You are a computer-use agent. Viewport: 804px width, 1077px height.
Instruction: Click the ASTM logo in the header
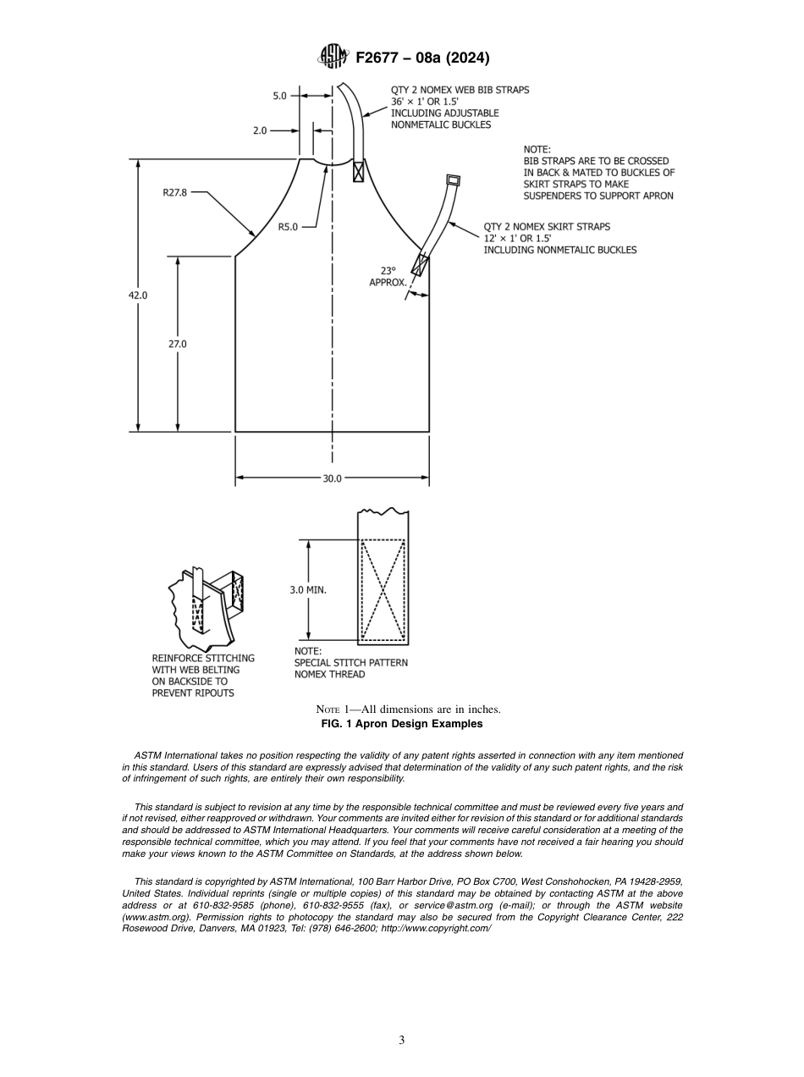point(333,58)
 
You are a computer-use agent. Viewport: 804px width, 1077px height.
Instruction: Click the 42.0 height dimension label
point(138,295)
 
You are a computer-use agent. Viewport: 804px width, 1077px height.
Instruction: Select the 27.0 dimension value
point(178,344)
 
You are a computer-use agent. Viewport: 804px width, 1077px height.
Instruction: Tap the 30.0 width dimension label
point(332,478)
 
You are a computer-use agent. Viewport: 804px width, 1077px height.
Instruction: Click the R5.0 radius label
point(288,226)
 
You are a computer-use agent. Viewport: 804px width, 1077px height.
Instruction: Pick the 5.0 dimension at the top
point(279,97)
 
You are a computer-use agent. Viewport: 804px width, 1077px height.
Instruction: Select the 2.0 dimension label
point(260,131)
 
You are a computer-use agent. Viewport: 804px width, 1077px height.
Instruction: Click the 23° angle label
point(388,271)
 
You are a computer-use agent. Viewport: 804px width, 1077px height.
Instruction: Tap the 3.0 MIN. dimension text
point(307,589)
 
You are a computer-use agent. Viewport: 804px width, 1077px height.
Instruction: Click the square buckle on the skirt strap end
point(454,179)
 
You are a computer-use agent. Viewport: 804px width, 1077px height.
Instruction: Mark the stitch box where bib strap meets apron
point(359,171)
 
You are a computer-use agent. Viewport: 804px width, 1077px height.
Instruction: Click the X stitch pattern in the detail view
point(383,590)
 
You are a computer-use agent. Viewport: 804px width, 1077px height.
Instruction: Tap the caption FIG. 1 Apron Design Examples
point(401,724)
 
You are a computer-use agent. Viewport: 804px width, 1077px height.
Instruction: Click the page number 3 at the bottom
point(402,1040)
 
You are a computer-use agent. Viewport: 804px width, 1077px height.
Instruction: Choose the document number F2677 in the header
point(378,58)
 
